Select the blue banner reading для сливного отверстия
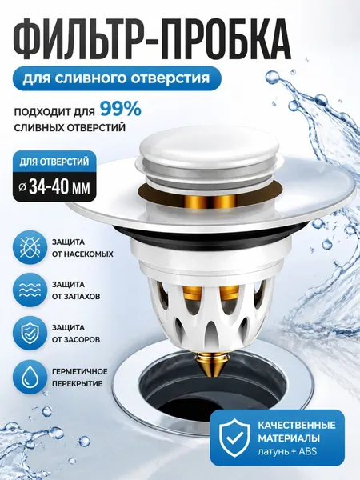(117, 78)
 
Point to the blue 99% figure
(121, 109)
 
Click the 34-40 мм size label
(54, 186)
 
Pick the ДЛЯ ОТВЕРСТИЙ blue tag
(54, 162)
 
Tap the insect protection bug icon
(28, 248)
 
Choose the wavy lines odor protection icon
(28, 290)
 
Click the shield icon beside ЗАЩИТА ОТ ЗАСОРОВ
(28, 334)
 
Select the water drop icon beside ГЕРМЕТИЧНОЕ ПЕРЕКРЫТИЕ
(28, 377)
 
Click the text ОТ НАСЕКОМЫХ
(82, 254)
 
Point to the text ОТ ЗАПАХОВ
(76, 297)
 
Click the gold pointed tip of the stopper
(211, 366)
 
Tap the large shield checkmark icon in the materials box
(235, 438)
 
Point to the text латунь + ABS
(287, 451)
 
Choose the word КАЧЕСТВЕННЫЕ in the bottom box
(296, 426)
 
